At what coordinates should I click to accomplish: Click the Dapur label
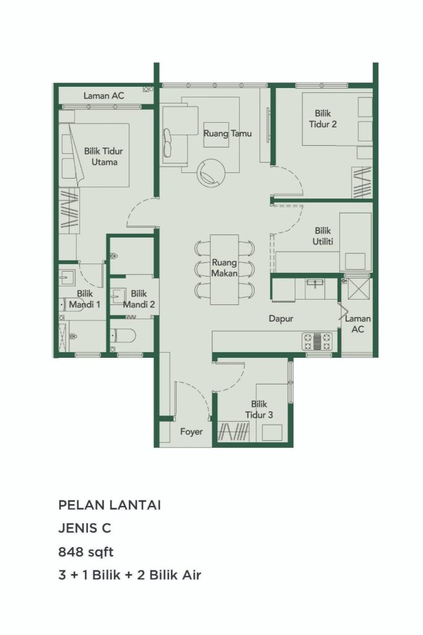point(280,319)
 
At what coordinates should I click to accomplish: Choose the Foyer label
point(191,432)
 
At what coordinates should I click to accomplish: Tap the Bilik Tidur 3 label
point(258,409)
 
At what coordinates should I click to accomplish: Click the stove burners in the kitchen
point(317,340)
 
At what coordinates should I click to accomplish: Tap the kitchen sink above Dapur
point(316,284)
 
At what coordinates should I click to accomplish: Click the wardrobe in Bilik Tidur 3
point(234,431)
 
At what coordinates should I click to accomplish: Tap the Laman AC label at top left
point(104,96)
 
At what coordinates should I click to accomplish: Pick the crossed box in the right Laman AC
point(358,290)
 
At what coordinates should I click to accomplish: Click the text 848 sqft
point(86,551)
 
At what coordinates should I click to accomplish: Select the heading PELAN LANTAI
point(110,505)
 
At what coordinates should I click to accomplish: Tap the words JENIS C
point(85,528)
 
